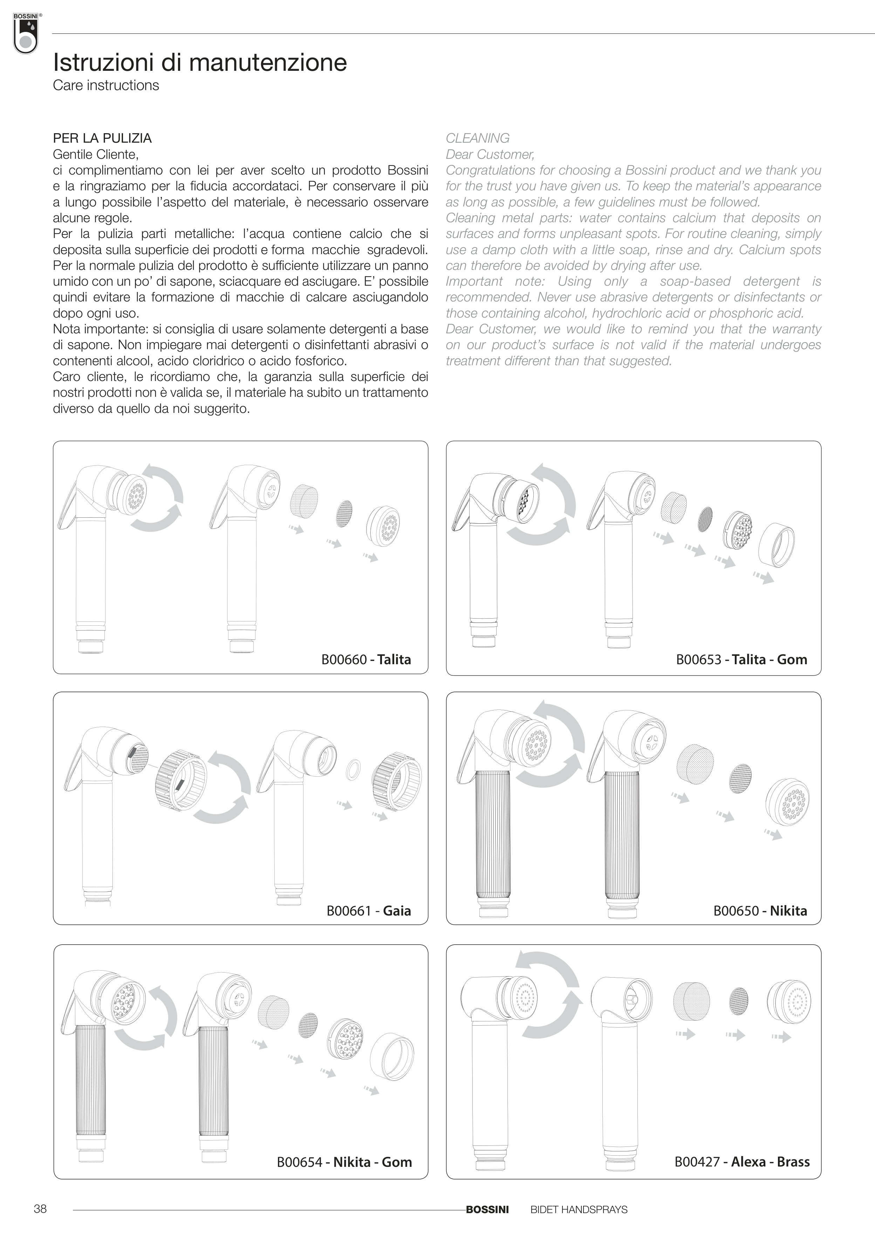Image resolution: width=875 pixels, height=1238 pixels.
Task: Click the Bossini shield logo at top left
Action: click(25, 33)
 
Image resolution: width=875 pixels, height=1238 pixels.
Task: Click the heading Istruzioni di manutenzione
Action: click(199, 62)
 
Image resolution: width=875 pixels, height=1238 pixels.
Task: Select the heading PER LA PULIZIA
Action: click(102, 138)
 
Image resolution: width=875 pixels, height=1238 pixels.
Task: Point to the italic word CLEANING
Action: click(477, 138)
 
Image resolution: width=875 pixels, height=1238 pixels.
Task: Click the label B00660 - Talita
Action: click(366, 659)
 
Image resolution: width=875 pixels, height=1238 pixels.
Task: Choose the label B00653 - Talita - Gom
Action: click(741, 659)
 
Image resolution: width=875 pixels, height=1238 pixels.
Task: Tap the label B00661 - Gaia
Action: click(369, 911)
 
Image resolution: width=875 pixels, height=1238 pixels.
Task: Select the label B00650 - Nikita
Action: click(760, 911)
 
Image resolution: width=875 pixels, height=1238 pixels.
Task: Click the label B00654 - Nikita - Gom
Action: click(344, 1162)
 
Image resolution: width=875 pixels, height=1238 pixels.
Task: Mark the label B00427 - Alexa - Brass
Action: click(742, 1162)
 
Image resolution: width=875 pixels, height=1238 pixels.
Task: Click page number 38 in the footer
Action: click(40, 1209)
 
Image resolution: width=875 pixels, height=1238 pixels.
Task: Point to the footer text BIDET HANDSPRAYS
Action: click(579, 1209)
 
